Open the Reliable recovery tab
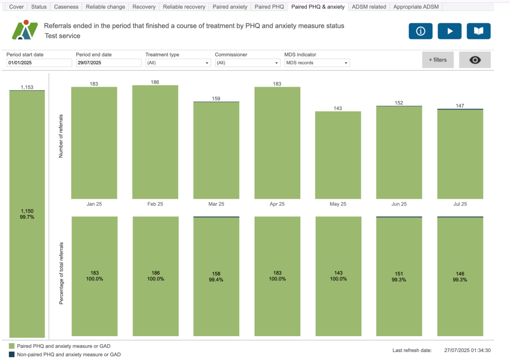click(x=184, y=7)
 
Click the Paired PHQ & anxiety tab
click(x=318, y=7)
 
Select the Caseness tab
click(x=66, y=7)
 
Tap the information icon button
click(x=420, y=31)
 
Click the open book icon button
click(x=479, y=31)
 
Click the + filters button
click(x=438, y=60)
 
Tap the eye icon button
click(x=475, y=60)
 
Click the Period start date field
click(x=39, y=63)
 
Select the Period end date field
click(x=109, y=63)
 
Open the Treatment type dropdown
click(x=178, y=63)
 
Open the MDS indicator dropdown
click(x=317, y=63)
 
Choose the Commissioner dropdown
click(x=248, y=63)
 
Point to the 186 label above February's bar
click(x=155, y=82)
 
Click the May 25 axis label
click(x=338, y=204)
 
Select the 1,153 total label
click(x=27, y=87)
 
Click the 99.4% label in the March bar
click(x=216, y=280)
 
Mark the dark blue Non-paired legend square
click(x=12, y=355)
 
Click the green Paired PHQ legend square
click(x=12, y=346)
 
